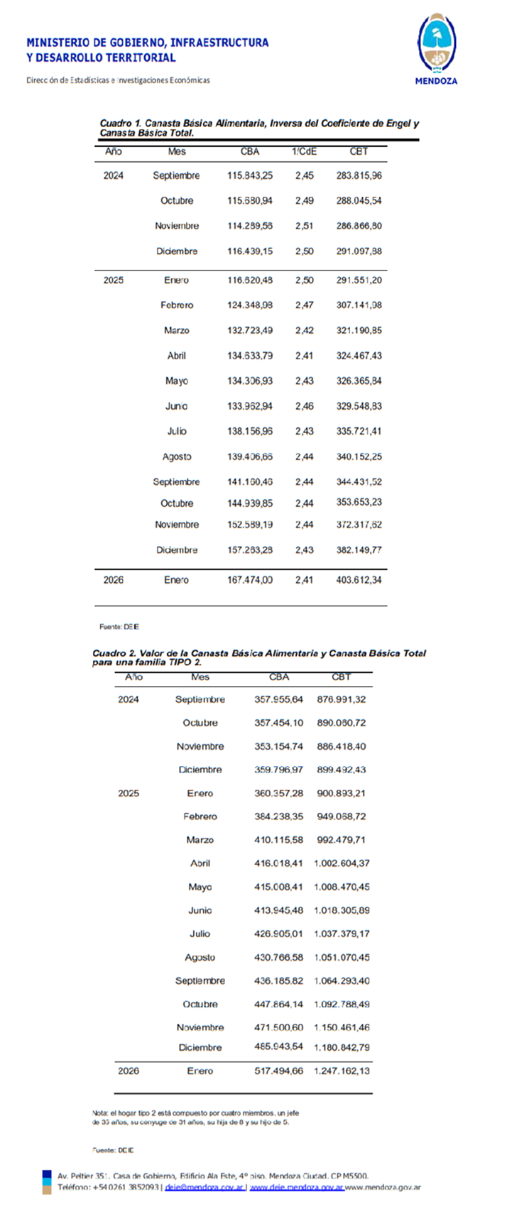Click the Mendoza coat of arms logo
[x=436, y=44]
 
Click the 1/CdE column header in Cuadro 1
[x=304, y=151]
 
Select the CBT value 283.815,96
[x=359, y=175]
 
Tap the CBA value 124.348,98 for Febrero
[x=250, y=305]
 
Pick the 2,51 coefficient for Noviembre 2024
[x=305, y=226]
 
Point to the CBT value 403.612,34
[x=359, y=580]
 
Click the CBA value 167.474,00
[x=250, y=580]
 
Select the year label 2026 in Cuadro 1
[x=114, y=580]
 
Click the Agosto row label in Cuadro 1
[x=177, y=457]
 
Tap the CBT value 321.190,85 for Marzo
[x=359, y=331]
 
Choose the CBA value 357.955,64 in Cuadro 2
[x=278, y=699]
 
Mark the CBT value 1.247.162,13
[x=342, y=1071]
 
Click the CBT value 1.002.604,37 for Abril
[x=342, y=863]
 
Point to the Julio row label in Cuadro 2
[x=200, y=934]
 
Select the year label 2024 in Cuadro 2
[x=129, y=699]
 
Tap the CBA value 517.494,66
[x=278, y=1071]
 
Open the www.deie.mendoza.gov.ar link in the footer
[x=296, y=1187]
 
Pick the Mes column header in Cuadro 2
[x=200, y=677]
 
